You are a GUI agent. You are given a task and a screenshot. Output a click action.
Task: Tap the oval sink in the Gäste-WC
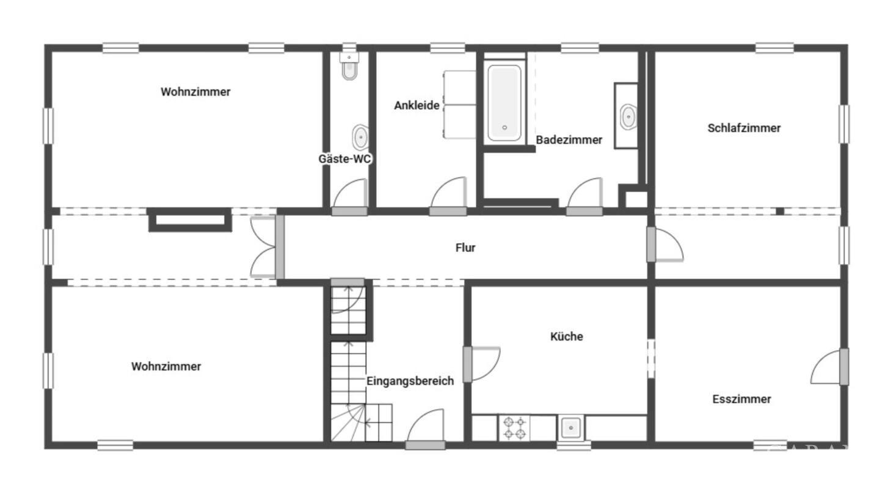click(x=360, y=138)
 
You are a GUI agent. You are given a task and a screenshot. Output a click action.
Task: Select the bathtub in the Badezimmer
click(x=505, y=103)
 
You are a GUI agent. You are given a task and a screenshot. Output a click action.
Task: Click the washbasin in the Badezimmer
click(x=629, y=117)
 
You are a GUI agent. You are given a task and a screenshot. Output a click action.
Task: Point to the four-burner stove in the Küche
click(x=514, y=428)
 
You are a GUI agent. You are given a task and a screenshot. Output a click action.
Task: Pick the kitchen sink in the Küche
click(x=571, y=428)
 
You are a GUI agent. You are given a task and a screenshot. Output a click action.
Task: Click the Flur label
click(x=465, y=248)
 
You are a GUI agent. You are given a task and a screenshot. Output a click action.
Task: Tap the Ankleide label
click(x=417, y=105)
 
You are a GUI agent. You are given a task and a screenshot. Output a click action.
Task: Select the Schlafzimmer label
click(x=744, y=128)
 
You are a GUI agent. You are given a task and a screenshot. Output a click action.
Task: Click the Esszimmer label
click(x=742, y=399)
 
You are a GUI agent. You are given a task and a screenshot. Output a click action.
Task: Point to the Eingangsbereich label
click(x=410, y=381)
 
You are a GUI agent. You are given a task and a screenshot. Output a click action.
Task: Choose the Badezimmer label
click(x=569, y=140)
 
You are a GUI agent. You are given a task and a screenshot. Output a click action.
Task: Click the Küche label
click(x=566, y=336)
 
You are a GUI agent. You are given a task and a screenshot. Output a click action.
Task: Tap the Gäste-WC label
click(x=344, y=159)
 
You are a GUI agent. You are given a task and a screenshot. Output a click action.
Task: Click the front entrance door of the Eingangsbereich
click(x=425, y=430)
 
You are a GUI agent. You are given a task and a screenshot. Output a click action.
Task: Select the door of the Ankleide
click(x=448, y=196)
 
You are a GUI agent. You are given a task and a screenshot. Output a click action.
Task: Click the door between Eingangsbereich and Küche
click(x=481, y=364)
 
